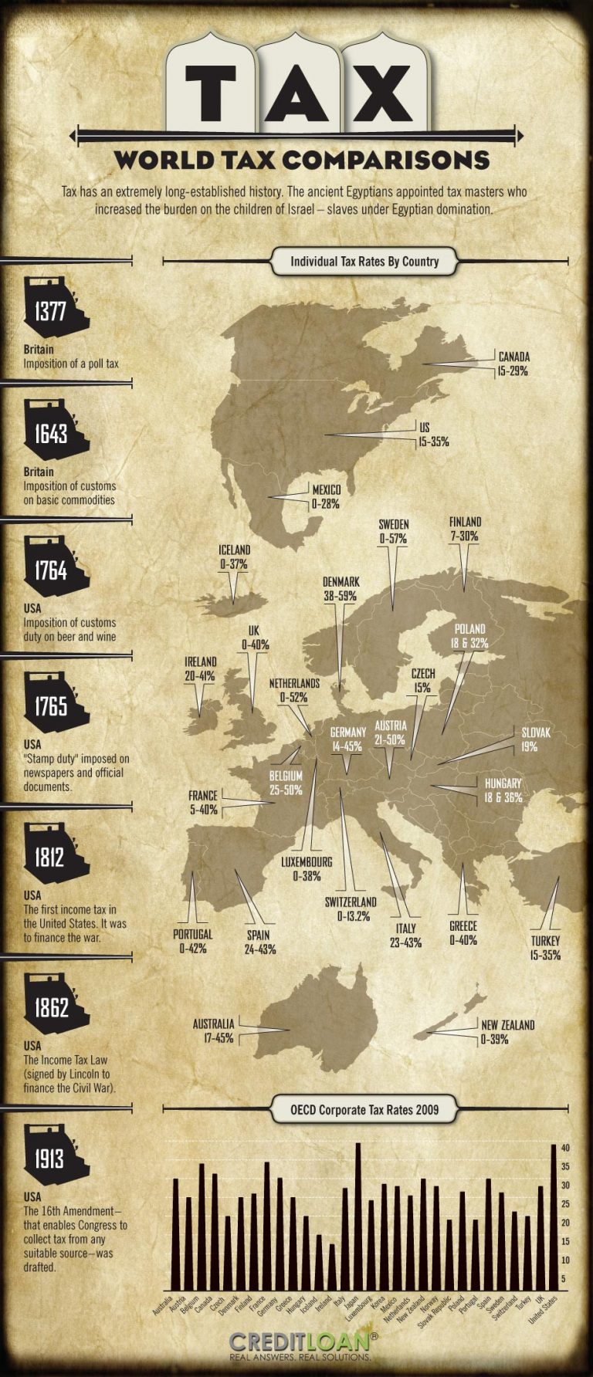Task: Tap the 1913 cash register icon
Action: (54, 1157)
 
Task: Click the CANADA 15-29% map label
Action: (513, 364)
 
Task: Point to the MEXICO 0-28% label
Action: (326, 496)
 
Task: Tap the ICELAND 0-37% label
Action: (233, 557)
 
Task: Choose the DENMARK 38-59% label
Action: (341, 588)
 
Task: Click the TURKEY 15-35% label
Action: (545, 948)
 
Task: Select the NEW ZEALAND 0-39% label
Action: (507, 1032)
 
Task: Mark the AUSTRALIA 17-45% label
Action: (213, 1031)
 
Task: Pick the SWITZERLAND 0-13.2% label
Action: (352, 908)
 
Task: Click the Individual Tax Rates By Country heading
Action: (364, 261)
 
